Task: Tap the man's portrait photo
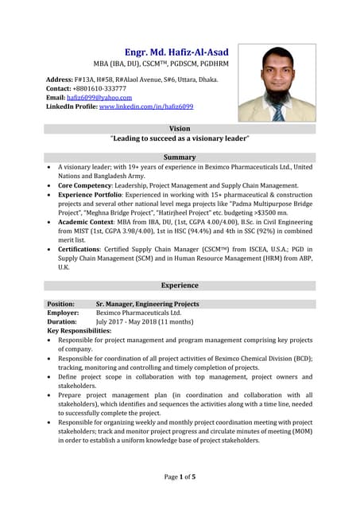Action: click(x=277, y=83)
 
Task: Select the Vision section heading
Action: click(x=180, y=128)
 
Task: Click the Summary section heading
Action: click(x=180, y=157)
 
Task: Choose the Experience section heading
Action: click(x=180, y=285)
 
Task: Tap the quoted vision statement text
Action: click(x=180, y=138)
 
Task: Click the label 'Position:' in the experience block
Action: click(x=61, y=304)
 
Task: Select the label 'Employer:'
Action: click(x=63, y=313)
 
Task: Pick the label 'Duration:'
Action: click(x=62, y=321)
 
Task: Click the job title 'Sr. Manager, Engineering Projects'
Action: click(x=147, y=304)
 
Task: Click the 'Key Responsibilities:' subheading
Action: click(x=79, y=330)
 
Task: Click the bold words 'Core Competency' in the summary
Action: click(x=89, y=185)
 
